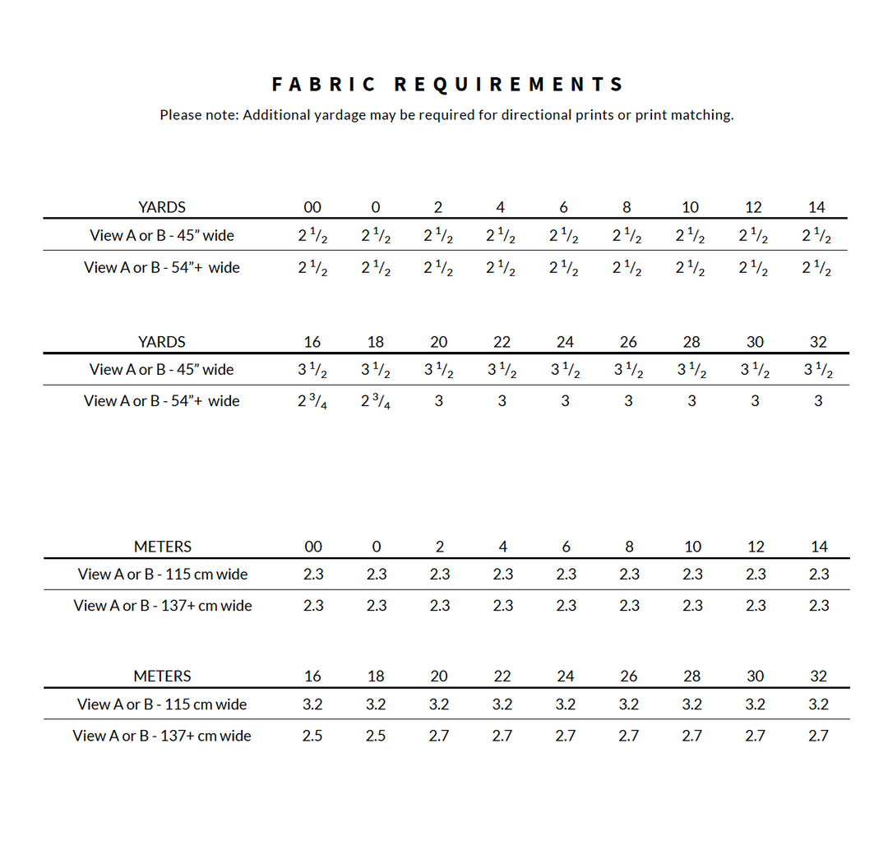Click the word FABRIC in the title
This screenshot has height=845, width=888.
click(x=323, y=85)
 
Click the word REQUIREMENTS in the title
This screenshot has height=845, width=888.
click(x=509, y=85)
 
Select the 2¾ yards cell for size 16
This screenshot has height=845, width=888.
click(x=312, y=402)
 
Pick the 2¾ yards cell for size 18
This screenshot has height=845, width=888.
click(x=376, y=402)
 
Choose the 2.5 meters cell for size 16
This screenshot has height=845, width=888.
click(x=312, y=736)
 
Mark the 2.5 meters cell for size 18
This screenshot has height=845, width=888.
click(x=376, y=736)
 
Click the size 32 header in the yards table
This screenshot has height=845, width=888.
click(x=818, y=342)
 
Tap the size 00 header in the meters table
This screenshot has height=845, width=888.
click(x=313, y=547)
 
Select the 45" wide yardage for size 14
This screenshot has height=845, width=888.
click(x=816, y=237)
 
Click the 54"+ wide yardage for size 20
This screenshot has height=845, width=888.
click(x=438, y=401)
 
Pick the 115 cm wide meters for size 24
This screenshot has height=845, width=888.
click(x=566, y=704)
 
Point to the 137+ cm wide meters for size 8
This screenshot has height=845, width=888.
click(x=629, y=606)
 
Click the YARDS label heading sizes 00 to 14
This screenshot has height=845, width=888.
click(x=162, y=207)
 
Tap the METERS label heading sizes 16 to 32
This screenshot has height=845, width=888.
click(x=162, y=676)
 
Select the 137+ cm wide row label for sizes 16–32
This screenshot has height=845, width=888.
click(x=162, y=736)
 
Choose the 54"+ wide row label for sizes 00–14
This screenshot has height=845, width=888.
click(x=162, y=267)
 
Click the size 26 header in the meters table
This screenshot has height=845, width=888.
click(x=629, y=676)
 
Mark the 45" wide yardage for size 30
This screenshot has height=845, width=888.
click(x=755, y=371)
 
